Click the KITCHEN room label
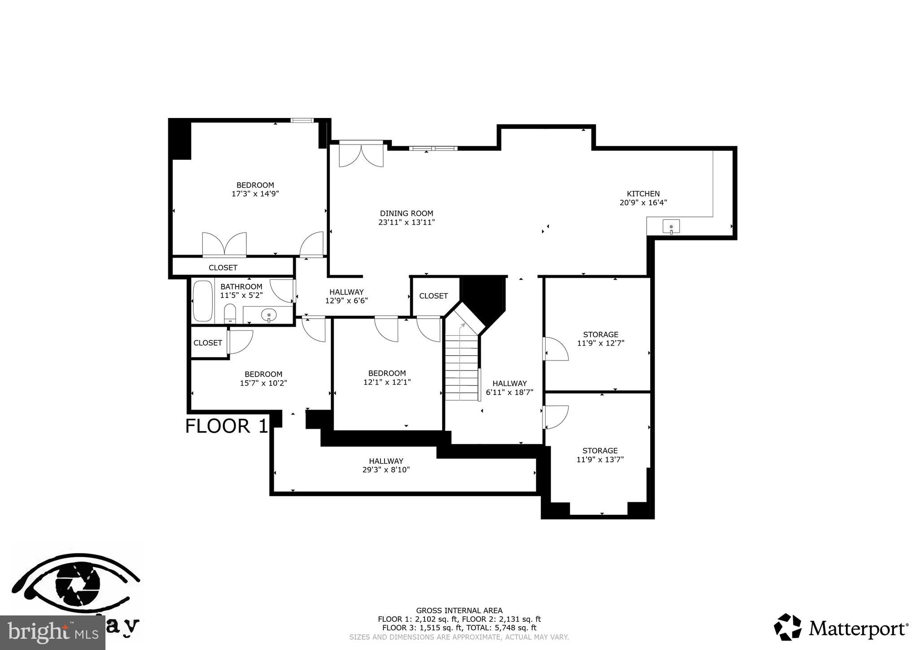tap(643, 194)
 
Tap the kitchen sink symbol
tap(671, 227)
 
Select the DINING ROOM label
tap(407, 214)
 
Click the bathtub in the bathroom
tap(202, 301)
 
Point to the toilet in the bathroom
tap(230, 313)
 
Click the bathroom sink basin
tap(269, 316)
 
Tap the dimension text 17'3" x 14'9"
tap(255, 194)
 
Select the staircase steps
tap(461, 368)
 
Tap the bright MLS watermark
tap(53, 633)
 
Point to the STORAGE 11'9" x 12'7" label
tap(600, 339)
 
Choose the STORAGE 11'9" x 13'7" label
tap(600, 455)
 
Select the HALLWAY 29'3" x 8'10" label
tap(386, 466)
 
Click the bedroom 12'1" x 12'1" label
tap(387, 378)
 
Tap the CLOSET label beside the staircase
tap(433, 296)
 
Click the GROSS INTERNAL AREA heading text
tap(459, 610)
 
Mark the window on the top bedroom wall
tap(301, 120)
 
